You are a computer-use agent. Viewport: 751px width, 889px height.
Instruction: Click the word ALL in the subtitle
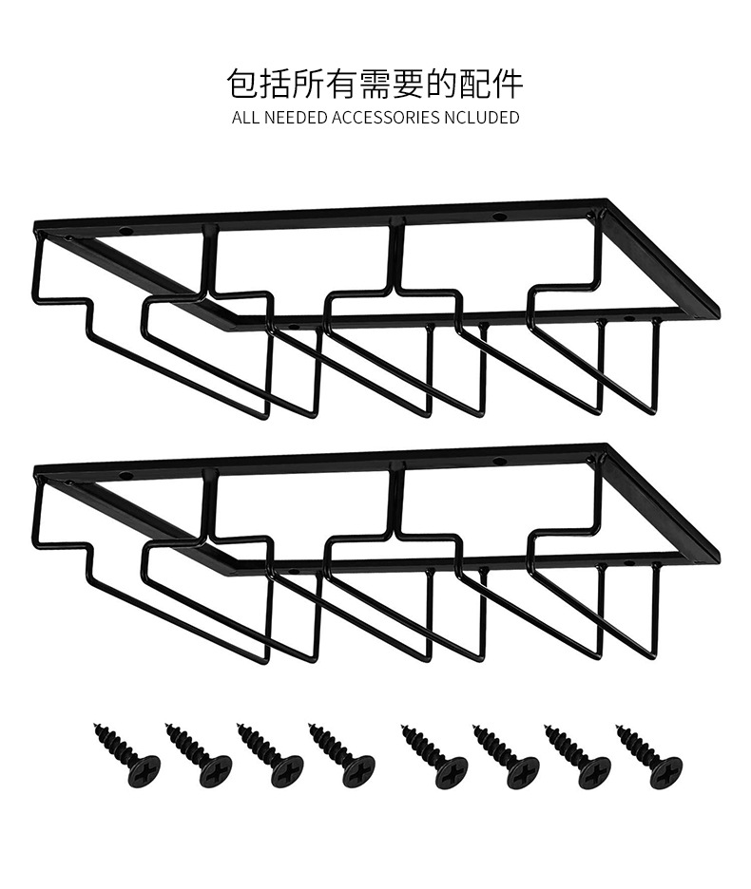coord(244,118)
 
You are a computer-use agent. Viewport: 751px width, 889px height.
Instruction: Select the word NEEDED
coord(295,118)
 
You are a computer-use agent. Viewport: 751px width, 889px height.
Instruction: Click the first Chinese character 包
coord(244,84)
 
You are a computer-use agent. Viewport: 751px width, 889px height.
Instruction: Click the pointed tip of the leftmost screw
coord(96,727)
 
